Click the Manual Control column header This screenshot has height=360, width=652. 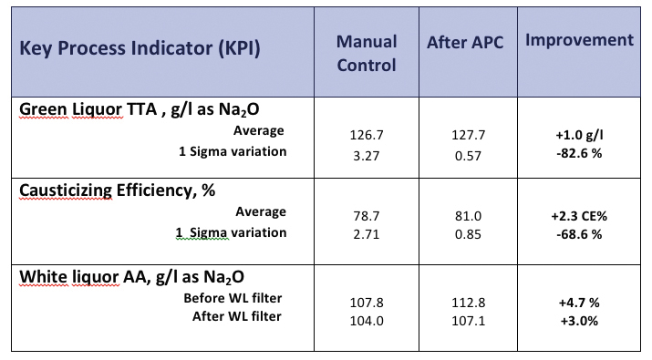[366, 53]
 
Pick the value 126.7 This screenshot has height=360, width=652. [366, 134]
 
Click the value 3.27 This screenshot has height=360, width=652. [366, 156]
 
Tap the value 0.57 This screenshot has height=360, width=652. [469, 156]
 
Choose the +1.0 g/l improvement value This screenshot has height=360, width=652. [579, 134]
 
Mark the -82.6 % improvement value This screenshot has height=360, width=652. [579, 156]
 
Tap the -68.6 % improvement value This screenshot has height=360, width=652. [579, 234]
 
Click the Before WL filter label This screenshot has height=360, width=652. [234, 298]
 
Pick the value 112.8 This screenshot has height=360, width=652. [469, 302]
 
